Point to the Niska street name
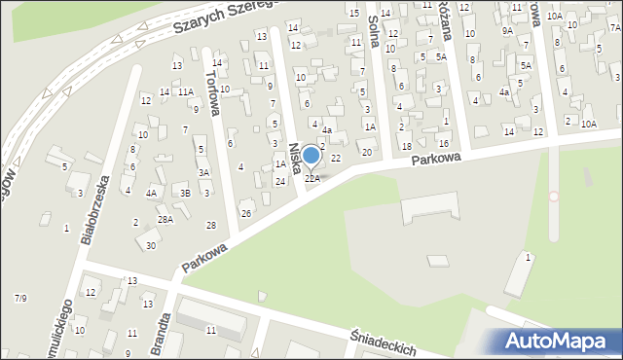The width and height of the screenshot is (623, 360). click(x=295, y=159)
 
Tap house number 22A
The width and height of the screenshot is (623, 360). click(x=312, y=178)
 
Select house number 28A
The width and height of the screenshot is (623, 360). click(x=165, y=220)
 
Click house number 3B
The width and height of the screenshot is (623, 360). click(x=185, y=193)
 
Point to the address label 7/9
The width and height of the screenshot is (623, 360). click(x=20, y=297)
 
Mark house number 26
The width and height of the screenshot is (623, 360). click(x=246, y=213)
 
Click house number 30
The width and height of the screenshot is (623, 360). click(x=150, y=245)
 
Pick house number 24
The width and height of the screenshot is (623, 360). click(x=280, y=182)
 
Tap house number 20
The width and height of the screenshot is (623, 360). click(x=367, y=152)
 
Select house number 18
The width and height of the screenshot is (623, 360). click(x=407, y=146)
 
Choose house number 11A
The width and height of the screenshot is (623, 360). click(x=185, y=91)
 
